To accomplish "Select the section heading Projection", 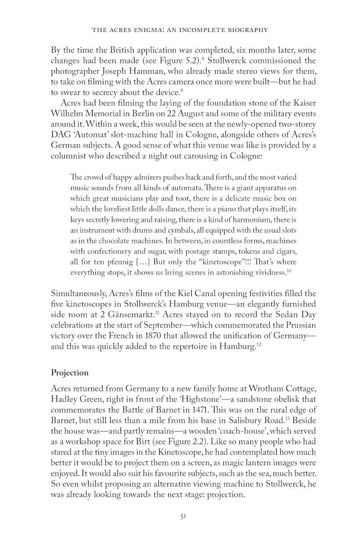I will (70, 373).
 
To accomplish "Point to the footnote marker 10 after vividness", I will (289, 271).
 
